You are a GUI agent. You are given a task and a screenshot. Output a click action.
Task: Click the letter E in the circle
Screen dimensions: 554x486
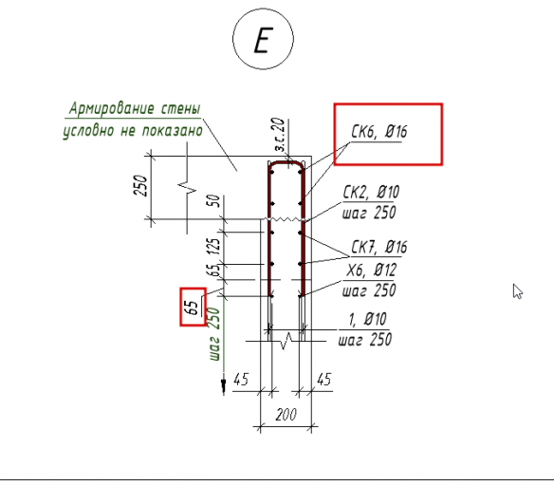click(x=263, y=41)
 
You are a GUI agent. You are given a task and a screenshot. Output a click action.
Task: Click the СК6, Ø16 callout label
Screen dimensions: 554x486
click(x=379, y=132)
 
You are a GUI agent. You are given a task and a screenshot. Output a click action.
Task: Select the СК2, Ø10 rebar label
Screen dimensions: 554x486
click(x=371, y=193)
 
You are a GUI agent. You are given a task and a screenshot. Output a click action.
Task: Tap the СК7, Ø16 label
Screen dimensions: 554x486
click(x=379, y=247)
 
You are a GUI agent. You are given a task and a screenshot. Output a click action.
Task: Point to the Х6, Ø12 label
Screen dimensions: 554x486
click(x=371, y=271)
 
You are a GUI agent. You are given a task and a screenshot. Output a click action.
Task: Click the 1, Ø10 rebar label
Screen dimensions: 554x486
click(x=367, y=319)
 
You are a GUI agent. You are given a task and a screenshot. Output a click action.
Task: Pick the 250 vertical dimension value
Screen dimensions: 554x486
click(x=139, y=185)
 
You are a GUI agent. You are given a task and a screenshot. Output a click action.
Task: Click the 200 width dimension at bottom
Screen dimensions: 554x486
click(x=286, y=415)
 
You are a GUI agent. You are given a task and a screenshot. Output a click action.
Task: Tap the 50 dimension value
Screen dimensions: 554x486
click(x=214, y=201)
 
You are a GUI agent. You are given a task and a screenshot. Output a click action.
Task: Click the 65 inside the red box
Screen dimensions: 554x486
click(x=192, y=308)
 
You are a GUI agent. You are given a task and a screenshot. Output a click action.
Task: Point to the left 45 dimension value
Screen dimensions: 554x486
click(x=241, y=380)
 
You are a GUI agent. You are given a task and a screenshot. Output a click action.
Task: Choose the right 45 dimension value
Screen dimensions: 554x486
click(x=324, y=380)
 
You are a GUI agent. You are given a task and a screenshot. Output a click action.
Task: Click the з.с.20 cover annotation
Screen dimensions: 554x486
click(x=280, y=135)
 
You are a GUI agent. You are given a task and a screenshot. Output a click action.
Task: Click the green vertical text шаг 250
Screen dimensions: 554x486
click(x=214, y=334)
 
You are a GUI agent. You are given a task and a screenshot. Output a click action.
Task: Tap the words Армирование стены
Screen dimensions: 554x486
click(x=135, y=108)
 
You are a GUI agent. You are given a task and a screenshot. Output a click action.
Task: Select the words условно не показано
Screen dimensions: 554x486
click(x=133, y=131)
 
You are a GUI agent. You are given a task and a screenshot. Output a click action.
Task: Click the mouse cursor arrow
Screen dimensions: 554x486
click(x=518, y=291)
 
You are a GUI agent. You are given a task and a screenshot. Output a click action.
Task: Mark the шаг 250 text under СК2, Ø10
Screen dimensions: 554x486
click(x=369, y=213)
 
